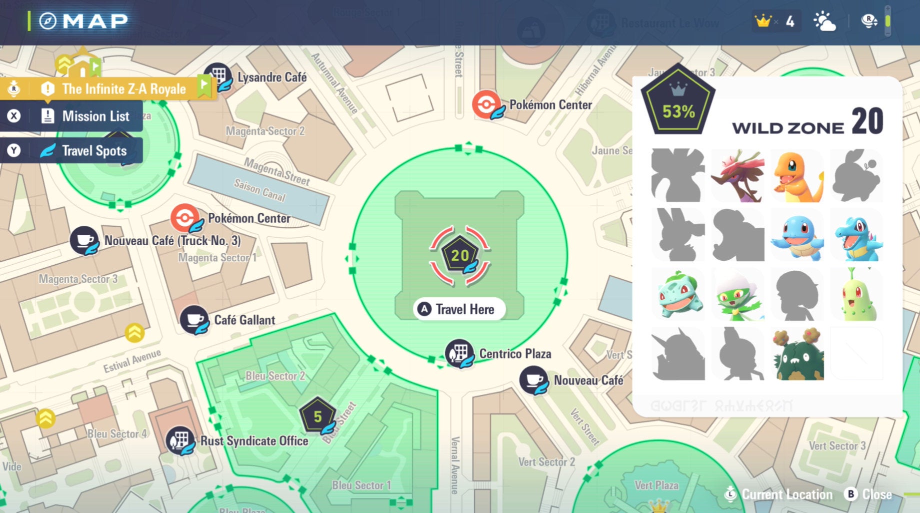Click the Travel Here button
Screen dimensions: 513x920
tap(459, 309)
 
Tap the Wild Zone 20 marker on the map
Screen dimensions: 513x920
tap(460, 256)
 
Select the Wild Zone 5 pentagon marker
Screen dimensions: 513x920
tap(317, 416)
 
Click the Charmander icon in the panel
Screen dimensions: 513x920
tap(797, 176)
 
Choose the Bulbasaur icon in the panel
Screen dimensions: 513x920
tap(678, 295)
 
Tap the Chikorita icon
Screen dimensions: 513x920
tap(856, 295)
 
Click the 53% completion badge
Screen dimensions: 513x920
tap(678, 103)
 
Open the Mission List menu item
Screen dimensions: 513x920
tap(95, 116)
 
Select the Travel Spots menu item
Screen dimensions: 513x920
tap(94, 151)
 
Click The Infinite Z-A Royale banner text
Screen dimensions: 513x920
tap(123, 89)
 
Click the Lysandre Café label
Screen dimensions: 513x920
tap(272, 77)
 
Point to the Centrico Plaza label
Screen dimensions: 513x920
tap(515, 354)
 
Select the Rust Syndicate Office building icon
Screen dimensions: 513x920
tap(180, 440)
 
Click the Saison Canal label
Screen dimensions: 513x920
tap(259, 190)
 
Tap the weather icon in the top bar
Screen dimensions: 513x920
tap(824, 22)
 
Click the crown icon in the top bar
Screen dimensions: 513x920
tap(763, 21)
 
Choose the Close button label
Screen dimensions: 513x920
tap(876, 494)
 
